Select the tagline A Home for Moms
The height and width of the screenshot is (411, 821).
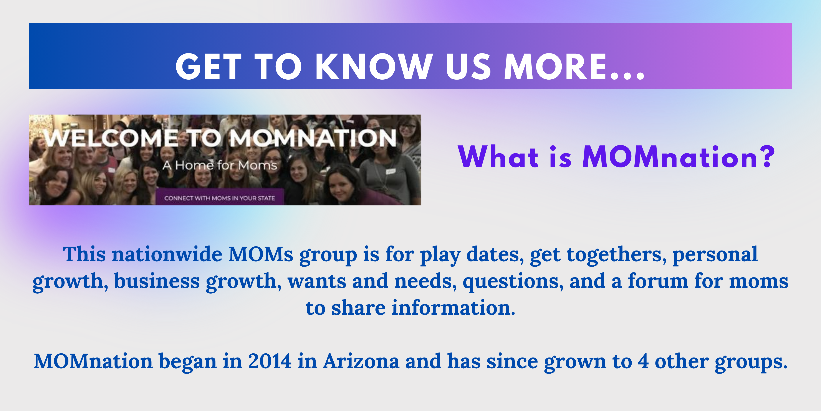pyautogui.click(x=220, y=165)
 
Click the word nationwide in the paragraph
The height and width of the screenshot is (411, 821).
pyautogui.click(x=167, y=255)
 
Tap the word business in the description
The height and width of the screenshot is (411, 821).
pyautogui.click(x=157, y=281)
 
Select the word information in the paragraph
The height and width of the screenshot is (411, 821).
pyautogui.click(x=453, y=308)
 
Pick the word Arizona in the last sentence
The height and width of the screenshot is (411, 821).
pyautogui.click(x=361, y=362)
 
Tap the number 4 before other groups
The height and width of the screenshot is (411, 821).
pyautogui.click(x=643, y=362)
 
